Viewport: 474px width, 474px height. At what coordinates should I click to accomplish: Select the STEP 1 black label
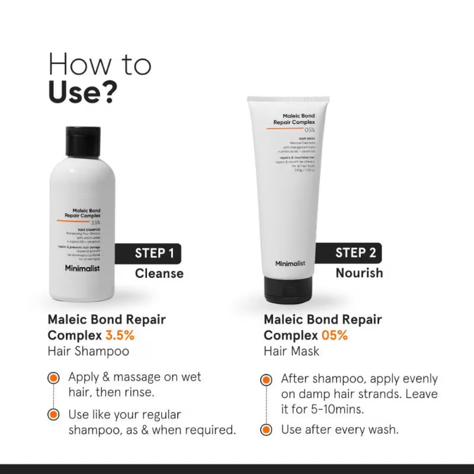coord(153,254)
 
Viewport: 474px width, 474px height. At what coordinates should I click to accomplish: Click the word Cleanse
coord(159,273)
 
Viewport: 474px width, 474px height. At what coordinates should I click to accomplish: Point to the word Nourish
coord(359,273)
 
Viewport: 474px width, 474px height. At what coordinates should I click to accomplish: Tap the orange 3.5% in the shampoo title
coord(120,335)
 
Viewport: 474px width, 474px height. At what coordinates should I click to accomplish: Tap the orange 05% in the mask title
coord(335,335)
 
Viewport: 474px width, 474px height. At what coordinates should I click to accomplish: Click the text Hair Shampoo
coord(88,351)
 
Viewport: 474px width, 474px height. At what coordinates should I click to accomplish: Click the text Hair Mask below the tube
coord(292,351)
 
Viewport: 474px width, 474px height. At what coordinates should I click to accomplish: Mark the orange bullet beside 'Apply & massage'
coord(54,377)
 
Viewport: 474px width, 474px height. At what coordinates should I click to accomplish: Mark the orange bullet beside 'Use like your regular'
coord(54,414)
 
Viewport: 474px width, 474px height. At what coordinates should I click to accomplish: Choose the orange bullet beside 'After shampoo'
coord(267,379)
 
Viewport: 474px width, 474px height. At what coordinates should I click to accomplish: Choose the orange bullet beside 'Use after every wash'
coord(267,430)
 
